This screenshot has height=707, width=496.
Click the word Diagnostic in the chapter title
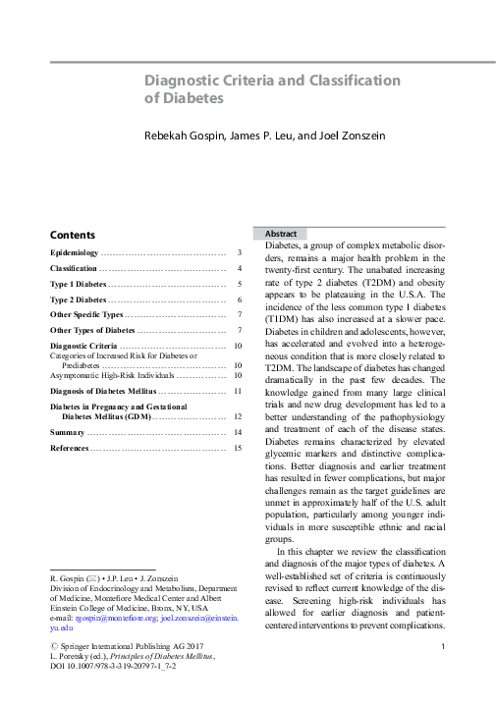pyautogui.click(x=181, y=80)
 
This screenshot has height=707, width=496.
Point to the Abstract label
pyautogui.click(x=280, y=234)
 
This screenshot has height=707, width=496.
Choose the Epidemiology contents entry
pyautogui.click(x=75, y=252)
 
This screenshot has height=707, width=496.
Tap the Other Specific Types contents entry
pyautogui.click(x=86, y=314)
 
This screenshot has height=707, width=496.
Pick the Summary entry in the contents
pyautogui.click(x=68, y=432)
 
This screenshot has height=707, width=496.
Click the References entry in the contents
pyautogui.click(x=72, y=448)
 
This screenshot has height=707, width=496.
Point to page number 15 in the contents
pyautogui.click(x=237, y=448)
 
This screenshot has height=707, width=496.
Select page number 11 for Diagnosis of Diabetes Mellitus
pyautogui.click(x=237, y=391)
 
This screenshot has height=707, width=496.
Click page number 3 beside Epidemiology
pyautogui.click(x=239, y=252)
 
